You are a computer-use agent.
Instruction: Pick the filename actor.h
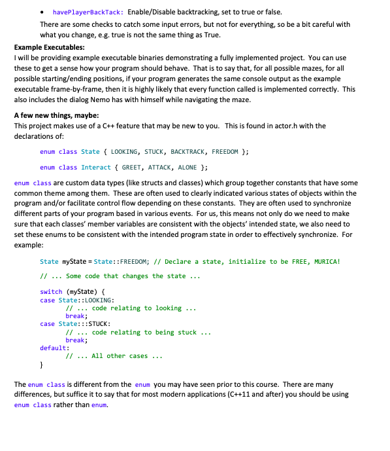coord(271,126)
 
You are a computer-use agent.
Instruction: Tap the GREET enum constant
coord(134,168)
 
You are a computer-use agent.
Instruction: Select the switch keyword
coord(51,291)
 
